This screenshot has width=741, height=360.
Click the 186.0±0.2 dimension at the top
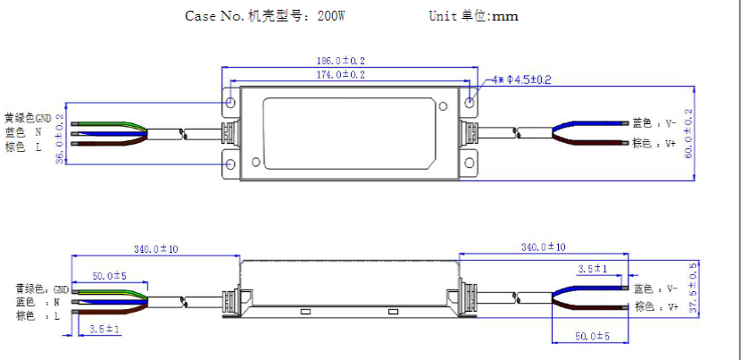pyautogui.click(x=350, y=61)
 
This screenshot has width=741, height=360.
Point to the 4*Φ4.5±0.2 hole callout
pyautogui.click(x=520, y=80)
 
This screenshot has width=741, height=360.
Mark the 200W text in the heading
pyautogui.click(x=332, y=16)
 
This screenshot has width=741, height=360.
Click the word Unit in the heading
pyautogui.click(x=443, y=16)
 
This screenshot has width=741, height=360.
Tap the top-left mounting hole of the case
pyautogui.click(x=231, y=104)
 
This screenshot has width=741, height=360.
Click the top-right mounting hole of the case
pyautogui.click(x=470, y=104)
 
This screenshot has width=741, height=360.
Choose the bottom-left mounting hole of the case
pyautogui.click(x=231, y=164)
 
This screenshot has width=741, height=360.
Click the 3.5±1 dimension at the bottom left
pyautogui.click(x=106, y=329)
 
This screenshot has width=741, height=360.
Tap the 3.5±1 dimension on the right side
pyautogui.click(x=593, y=268)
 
